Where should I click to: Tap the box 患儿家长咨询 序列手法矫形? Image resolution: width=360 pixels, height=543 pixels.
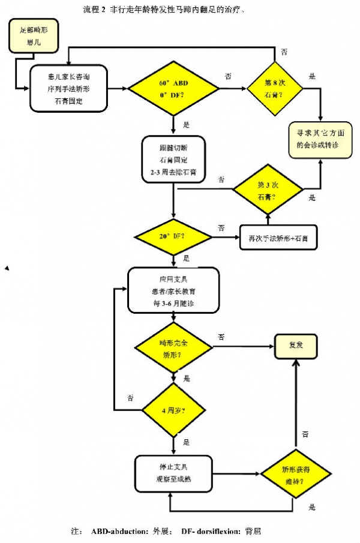pos(68,88)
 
